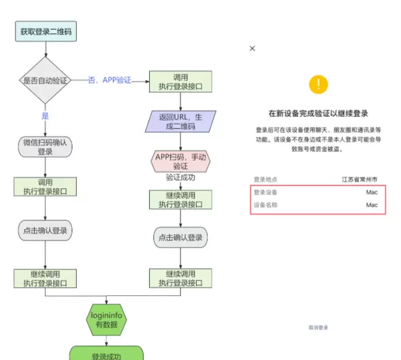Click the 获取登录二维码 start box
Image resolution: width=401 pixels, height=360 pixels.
[46, 31]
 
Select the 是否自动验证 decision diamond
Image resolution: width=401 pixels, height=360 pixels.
[45, 80]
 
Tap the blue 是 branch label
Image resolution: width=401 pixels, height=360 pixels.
[45, 116]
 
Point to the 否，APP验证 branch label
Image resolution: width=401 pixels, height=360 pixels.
[109, 80]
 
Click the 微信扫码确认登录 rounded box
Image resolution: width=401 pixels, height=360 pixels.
[45, 147]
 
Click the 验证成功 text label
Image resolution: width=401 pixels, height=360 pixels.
[180, 178]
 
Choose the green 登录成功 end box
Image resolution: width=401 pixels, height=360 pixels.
[106, 353]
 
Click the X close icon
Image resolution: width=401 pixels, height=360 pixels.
[252, 49]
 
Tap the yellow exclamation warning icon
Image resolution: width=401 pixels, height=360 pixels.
[319, 84]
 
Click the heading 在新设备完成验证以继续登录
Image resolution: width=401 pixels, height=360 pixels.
[319, 113]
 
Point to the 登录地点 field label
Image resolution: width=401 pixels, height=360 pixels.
[265, 180]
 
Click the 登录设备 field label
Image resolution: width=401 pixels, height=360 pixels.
[265, 192]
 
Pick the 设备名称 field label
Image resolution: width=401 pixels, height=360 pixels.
[265, 205]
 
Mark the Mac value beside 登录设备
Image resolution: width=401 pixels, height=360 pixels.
[372, 192]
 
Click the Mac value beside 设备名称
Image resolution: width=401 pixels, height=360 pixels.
[372, 205]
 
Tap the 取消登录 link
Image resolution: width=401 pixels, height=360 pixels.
[319, 328]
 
